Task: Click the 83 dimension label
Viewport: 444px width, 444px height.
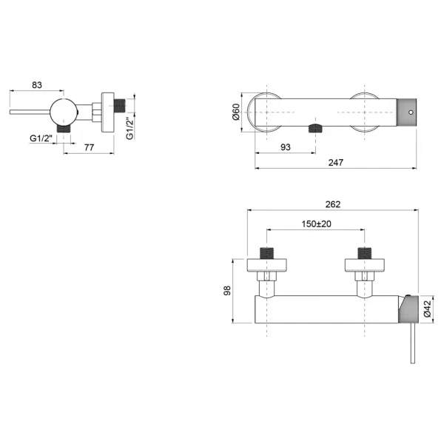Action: [37, 85]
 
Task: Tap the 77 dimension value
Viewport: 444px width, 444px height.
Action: [89, 147]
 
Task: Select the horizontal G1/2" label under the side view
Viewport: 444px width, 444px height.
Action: [41, 138]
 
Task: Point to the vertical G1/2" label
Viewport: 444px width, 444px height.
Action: [129, 129]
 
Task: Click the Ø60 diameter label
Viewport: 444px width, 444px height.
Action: [236, 112]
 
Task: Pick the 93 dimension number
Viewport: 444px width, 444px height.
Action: [286, 147]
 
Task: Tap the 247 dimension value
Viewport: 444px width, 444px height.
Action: [335, 163]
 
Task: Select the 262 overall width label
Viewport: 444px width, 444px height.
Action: [333, 204]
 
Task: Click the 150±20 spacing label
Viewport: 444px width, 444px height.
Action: [316, 224]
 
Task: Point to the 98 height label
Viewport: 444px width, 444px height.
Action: [227, 291]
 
